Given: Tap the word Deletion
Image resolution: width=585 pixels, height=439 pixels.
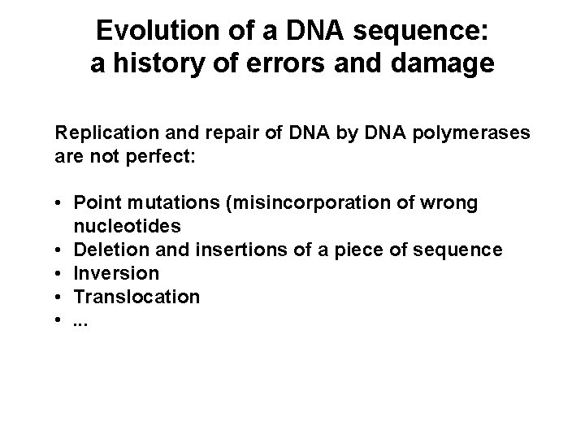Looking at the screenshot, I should pos(107,249).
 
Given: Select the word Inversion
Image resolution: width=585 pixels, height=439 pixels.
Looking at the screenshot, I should pos(115,272).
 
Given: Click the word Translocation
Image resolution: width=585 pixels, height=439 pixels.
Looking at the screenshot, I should pos(136,296).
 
